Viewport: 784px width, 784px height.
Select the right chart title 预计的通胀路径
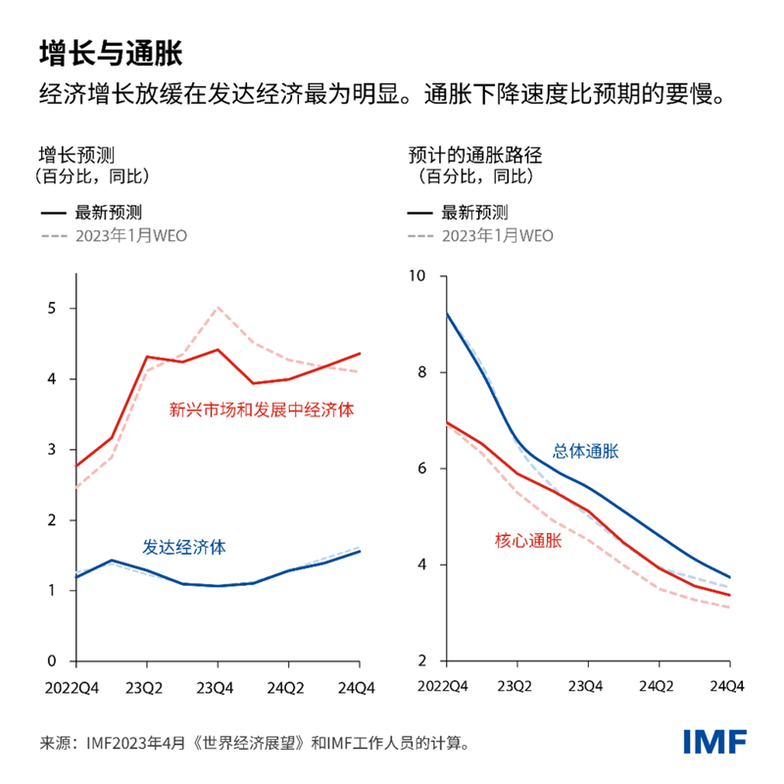click(474, 155)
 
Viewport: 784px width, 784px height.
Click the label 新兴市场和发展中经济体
click(261, 410)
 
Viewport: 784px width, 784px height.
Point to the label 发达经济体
click(184, 547)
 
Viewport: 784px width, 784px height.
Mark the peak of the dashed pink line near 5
click(218, 308)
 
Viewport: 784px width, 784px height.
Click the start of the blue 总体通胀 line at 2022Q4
click(447, 314)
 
